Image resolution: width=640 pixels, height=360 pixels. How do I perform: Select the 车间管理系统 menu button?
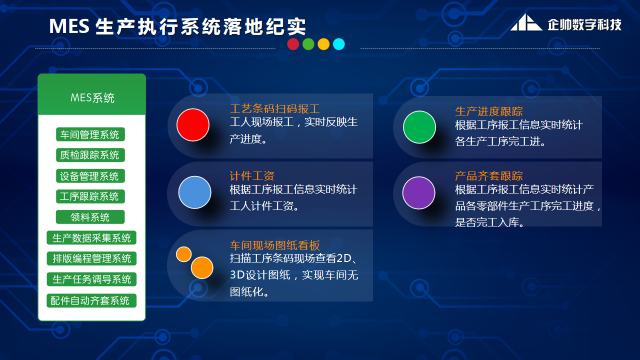[x=90, y=134]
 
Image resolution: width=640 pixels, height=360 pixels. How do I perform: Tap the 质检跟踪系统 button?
[x=90, y=155]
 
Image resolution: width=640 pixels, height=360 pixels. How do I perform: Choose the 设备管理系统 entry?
[x=90, y=176]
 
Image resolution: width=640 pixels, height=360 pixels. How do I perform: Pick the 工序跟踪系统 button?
[x=90, y=196]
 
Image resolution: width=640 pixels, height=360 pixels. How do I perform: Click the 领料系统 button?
[x=90, y=217]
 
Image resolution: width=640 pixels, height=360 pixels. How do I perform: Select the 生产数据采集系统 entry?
[x=91, y=238]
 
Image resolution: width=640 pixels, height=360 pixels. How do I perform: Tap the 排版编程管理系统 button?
[x=91, y=258]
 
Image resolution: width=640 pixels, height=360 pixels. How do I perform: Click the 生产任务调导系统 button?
[x=91, y=279]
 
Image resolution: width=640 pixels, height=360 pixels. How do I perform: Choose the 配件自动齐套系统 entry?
[x=91, y=300]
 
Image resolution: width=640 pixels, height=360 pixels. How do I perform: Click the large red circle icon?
[x=193, y=125]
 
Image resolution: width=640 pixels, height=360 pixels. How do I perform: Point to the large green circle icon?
[x=419, y=127]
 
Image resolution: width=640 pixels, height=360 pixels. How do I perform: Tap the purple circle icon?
[x=419, y=192]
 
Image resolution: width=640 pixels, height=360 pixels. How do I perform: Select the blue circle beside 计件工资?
[x=194, y=192]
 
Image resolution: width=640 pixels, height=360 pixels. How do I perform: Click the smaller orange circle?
[x=184, y=254]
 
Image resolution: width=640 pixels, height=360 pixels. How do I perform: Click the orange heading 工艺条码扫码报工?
[x=274, y=109]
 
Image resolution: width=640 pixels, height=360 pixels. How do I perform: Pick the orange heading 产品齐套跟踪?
[x=488, y=176]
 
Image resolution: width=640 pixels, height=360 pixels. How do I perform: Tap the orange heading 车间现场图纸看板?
[x=274, y=245]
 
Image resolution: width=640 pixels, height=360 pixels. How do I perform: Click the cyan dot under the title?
[x=339, y=44]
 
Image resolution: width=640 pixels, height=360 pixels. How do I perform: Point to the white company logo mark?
[x=525, y=23]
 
